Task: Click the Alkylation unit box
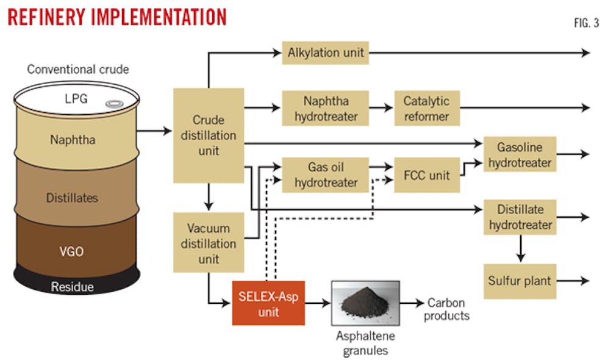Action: [325, 53]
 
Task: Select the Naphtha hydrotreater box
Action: [325, 108]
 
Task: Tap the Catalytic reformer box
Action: [426, 108]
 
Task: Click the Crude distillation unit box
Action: [209, 135]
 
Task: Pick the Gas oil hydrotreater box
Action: [325, 175]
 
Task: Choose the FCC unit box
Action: [426, 175]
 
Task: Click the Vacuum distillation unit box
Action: [209, 243]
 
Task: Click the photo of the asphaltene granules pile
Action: [365, 303]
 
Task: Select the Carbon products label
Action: [446, 309]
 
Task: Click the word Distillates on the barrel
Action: [72, 198]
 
